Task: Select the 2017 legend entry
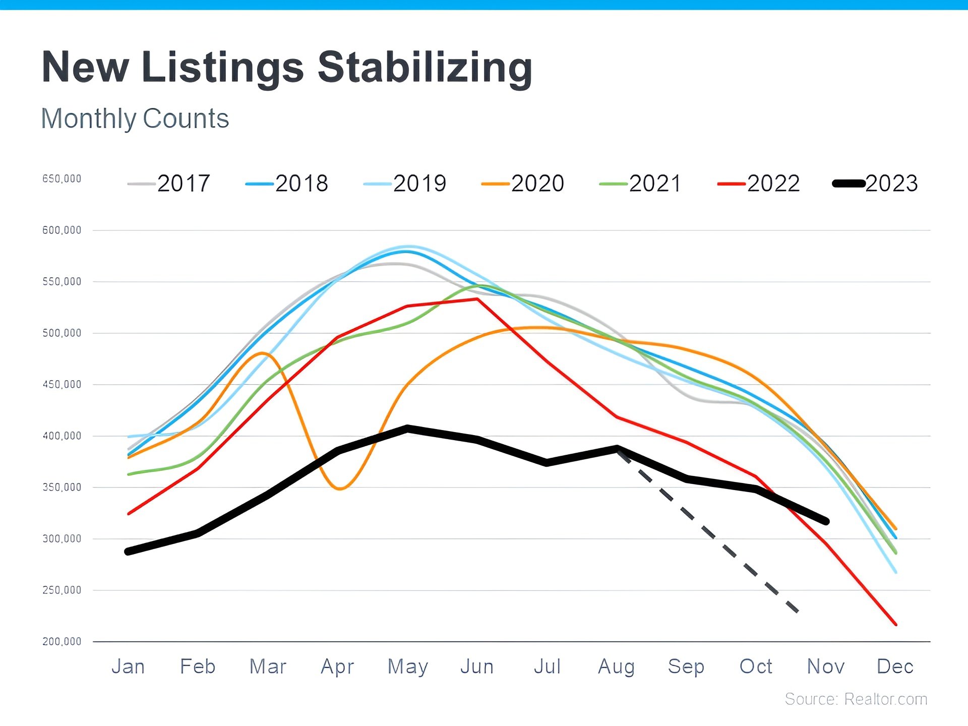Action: (169, 184)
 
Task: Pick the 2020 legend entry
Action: (523, 184)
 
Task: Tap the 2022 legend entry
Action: (759, 184)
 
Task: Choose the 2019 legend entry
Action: (405, 184)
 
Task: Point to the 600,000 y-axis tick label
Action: (62, 230)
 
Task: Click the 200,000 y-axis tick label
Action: (62, 642)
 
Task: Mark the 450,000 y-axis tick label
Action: (62, 385)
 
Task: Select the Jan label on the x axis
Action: (128, 667)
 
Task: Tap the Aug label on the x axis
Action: (616, 667)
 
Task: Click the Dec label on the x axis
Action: (895, 667)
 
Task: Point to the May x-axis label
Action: (407, 667)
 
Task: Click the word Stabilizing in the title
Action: (425, 68)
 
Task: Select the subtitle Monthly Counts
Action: (135, 119)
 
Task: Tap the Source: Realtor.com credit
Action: (856, 699)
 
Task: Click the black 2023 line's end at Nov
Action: (826, 521)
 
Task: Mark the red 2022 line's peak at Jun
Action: (477, 299)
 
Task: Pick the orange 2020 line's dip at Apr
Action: (340, 489)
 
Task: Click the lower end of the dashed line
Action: (797, 611)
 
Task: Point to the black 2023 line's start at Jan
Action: (128, 552)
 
